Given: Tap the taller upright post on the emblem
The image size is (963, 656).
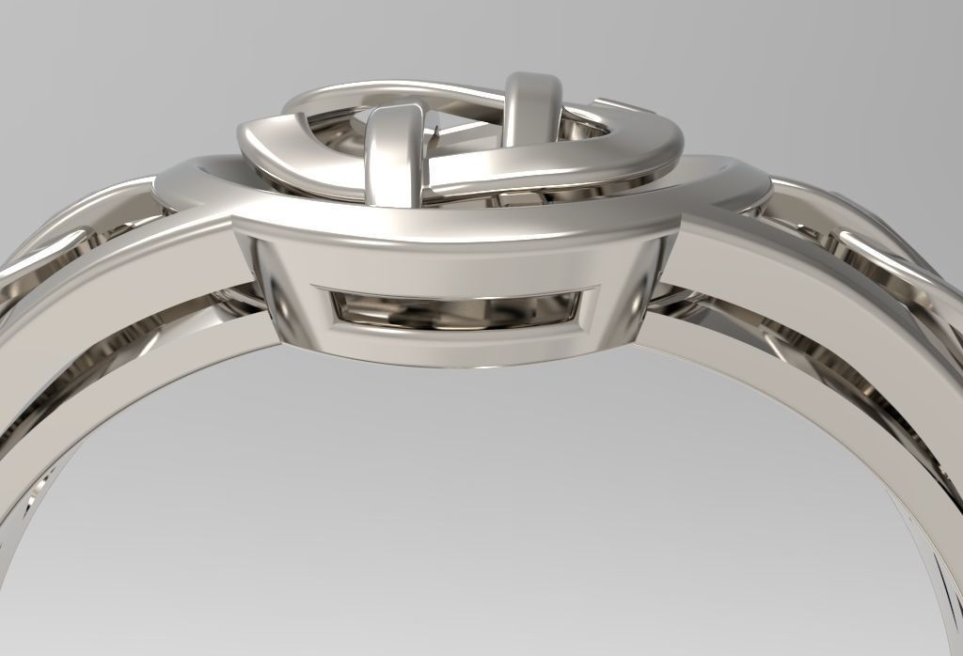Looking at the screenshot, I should (x=533, y=108).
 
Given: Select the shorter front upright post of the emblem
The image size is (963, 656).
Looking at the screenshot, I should (x=389, y=150).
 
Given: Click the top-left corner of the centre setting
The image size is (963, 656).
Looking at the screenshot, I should (x=234, y=219).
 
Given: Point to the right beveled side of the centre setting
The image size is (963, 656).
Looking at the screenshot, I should (x=658, y=282).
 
